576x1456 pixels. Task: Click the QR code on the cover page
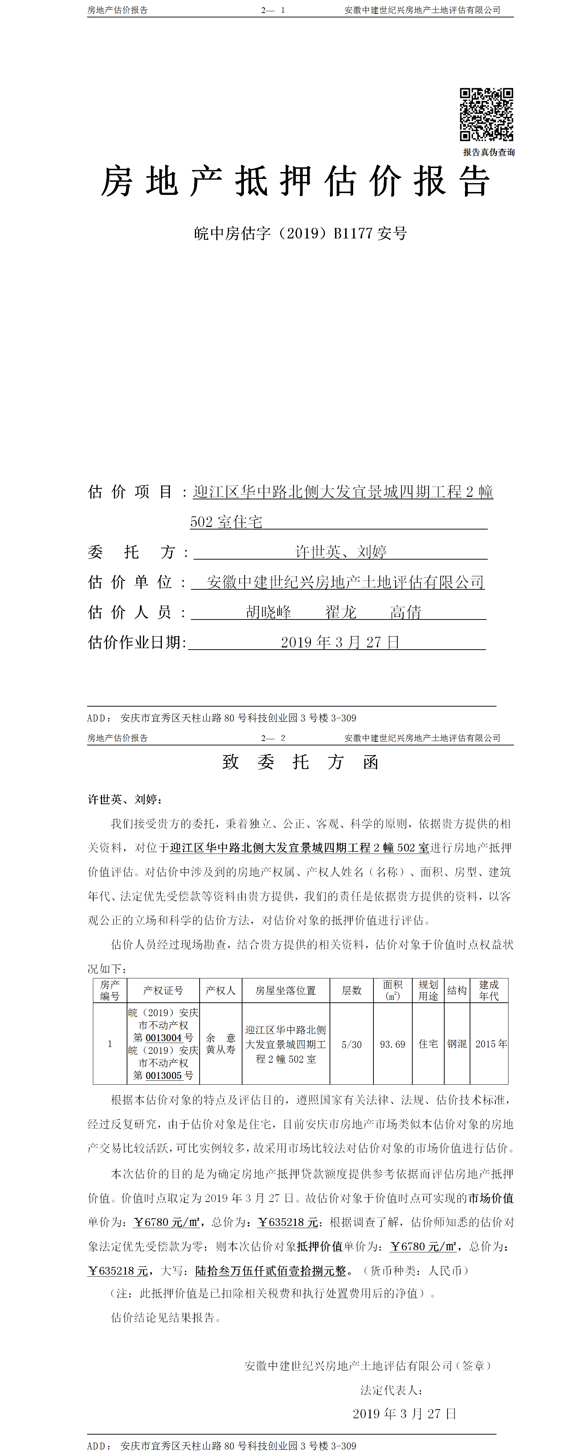pyautogui.click(x=486, y=114)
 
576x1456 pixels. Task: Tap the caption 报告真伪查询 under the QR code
pyautogui.click(x=489, y=152)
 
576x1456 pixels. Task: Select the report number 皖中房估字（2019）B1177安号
pyautogui.click(x=300, y=233)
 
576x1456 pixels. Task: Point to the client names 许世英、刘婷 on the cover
pyautogui.click(x=341, y=552)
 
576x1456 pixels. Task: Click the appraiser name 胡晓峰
pyautogui.click(x=269, y=612)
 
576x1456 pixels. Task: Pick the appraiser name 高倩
pyautogui.click(x=405, y=612)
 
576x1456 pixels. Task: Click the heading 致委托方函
pyautogui.click(x=300, y=762)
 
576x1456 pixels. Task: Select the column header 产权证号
pyautogui.click(x=163, y=990)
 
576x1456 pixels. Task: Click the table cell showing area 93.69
pyautogui.click(x=392, y=1044)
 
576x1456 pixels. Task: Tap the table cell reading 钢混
pyautogui.click(x=457, y=1044)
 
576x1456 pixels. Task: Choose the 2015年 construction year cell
pyautogui.click(x=491, y=1044)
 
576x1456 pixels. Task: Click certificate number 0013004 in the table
pyautogui.click(x=163, y=1038)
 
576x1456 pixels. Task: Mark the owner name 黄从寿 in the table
pyautogui.click(x=220, y=1050)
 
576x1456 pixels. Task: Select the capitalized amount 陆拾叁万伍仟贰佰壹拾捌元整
pyautogui.click(x=270, y=1271)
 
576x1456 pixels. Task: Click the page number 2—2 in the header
pyautogui.click(x=273, y=738)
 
